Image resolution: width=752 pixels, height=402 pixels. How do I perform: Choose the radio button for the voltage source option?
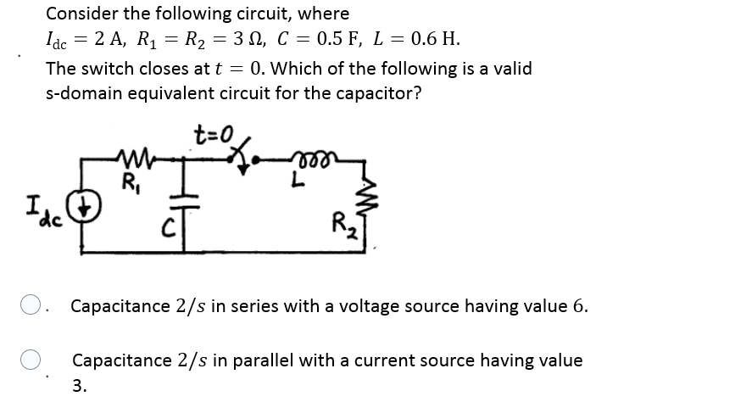point(30,305)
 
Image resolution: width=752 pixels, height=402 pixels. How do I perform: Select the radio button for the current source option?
point(30,360)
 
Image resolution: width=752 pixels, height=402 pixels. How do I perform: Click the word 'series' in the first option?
point(273,305)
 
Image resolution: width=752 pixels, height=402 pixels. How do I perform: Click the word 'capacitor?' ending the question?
point(377,93)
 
